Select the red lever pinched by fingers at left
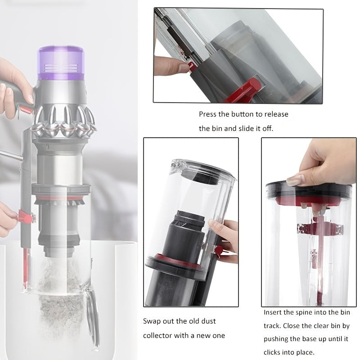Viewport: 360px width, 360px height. click(26, 217)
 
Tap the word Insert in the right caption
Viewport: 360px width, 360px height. click(274, 312)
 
